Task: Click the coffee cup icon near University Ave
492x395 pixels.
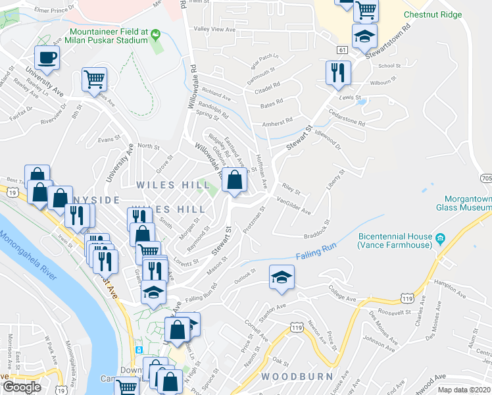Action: click(x=47, y=57)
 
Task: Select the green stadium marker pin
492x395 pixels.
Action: click(x=155, y=34)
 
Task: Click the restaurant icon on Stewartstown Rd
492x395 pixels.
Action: click(x=338, y=72)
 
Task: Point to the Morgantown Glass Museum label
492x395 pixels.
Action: click(x=463, y=203)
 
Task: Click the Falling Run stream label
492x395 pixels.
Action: click(x=316, y=253)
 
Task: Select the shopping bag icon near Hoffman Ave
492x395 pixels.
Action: click(x=234, y=179)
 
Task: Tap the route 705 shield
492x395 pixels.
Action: click(x=485, y=178)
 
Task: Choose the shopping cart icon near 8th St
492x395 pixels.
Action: click(x=95, y=80)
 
